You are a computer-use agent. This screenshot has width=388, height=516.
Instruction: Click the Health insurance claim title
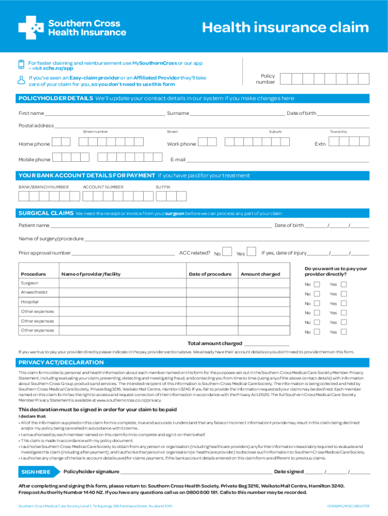click(285, 28)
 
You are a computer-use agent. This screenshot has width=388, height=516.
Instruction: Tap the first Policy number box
click(285, 79)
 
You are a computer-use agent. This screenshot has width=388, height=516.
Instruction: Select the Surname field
click(237, 115)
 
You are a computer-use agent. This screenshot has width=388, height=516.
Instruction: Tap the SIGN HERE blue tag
click(36, 472)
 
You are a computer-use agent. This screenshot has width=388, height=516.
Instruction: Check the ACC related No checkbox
click(227, 252)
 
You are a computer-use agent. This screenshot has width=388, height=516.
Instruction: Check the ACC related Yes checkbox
click(252, 252)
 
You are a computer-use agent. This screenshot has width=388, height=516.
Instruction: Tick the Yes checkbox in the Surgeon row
click(344, 284)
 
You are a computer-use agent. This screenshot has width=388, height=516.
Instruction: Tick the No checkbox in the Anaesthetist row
click(316, 294)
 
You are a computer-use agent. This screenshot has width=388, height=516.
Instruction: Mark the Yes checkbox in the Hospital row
click(344, 303)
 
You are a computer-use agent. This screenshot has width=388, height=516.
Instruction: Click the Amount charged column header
click(260, 274)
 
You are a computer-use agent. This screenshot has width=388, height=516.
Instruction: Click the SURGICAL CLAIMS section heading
click(46, 213)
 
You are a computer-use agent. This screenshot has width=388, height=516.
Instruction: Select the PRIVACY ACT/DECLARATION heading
click(61, 362)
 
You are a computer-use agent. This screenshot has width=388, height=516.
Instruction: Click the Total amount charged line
click(267, 345)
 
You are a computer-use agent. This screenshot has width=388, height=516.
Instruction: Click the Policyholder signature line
click(196, 473)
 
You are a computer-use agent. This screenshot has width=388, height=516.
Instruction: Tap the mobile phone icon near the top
click(21, 64)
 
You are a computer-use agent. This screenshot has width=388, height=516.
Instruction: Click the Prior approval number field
click(123, 254)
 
